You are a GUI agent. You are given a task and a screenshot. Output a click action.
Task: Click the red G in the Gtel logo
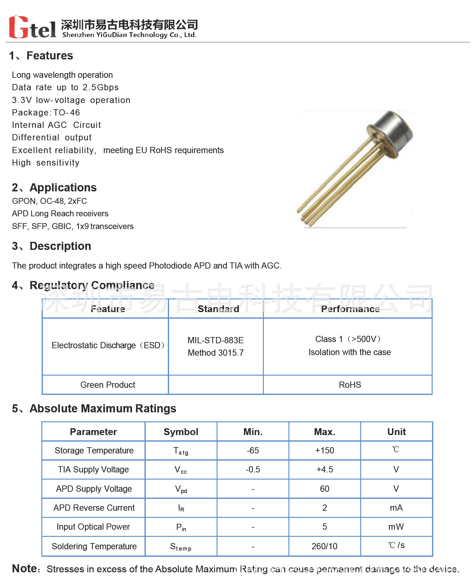pos(19,27)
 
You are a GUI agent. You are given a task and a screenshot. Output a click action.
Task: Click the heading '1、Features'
pos(41,56)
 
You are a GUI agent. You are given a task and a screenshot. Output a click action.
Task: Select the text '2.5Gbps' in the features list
pos(101,87)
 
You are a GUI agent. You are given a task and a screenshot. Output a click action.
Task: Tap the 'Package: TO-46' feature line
pos(46,112)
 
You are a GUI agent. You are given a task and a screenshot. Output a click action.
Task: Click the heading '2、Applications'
pos(54,188)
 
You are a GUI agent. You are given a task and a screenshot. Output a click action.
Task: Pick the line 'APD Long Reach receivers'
pos(60,213)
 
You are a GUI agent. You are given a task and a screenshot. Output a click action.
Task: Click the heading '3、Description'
pos(52,246)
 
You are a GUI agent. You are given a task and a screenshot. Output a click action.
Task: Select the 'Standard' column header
pos(218,309)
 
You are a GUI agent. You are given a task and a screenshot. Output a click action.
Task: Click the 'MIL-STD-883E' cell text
pos(215,340)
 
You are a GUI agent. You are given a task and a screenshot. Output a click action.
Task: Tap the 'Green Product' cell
pos(108,385)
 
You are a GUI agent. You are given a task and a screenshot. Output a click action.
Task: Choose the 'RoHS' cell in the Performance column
pos(350,385)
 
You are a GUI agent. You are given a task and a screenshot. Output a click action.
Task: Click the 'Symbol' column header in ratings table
pos(181,432)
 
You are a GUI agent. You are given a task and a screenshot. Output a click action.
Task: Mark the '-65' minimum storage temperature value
pos(253,451)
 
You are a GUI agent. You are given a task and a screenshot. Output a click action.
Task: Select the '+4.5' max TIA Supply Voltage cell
pos(324,470)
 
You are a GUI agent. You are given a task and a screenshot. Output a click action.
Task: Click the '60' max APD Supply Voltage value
pos(324,489)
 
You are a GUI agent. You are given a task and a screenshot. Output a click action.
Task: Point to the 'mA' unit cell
pos(396,508)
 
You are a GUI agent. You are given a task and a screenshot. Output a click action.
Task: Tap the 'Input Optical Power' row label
pos(93,527)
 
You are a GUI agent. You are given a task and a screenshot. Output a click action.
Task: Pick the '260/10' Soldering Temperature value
pos(324,546)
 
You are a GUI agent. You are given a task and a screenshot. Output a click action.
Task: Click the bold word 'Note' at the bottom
pos(24,569)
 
